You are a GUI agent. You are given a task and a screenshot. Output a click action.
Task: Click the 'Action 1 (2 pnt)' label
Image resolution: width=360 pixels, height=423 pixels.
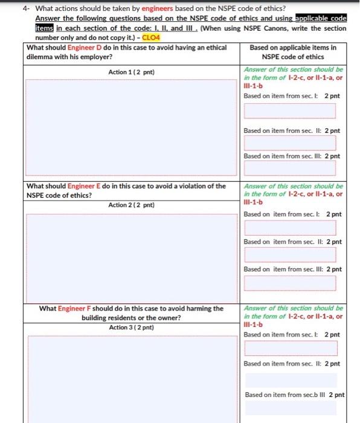[131, 73]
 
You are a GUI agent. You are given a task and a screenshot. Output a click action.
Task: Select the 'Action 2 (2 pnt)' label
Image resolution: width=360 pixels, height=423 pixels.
[131, 205]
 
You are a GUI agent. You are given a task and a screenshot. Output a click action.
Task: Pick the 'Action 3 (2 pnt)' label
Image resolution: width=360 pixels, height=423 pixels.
[131, 328]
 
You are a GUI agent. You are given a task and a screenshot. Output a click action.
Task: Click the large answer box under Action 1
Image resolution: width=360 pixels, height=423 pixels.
[131, 127]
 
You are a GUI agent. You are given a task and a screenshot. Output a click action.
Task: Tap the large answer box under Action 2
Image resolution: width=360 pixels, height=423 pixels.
[131, 256]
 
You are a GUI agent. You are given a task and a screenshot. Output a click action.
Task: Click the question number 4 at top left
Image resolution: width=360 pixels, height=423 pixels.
[24, 8]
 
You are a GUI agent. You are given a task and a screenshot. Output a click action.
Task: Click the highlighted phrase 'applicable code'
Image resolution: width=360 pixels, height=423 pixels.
[320, 18]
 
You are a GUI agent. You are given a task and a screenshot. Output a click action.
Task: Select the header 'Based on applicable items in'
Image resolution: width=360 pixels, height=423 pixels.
[293, 48]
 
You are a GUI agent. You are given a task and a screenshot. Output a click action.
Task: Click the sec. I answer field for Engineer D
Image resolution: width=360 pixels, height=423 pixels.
[290, 111]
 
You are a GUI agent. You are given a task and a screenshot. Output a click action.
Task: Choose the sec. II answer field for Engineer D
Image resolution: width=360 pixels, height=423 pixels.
[290, 143]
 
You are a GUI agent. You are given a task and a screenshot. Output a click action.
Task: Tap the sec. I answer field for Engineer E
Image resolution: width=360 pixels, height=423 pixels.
[290, 228]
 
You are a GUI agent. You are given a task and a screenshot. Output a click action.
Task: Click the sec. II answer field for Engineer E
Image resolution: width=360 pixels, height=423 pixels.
[290, 255]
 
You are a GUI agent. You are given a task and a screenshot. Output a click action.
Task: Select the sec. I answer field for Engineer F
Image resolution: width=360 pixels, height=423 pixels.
[290, 349]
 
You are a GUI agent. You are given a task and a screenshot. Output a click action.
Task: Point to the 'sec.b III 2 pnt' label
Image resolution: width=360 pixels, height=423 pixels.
[295, 395]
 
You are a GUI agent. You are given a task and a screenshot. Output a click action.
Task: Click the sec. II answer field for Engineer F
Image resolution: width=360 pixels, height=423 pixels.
[290, 379]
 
